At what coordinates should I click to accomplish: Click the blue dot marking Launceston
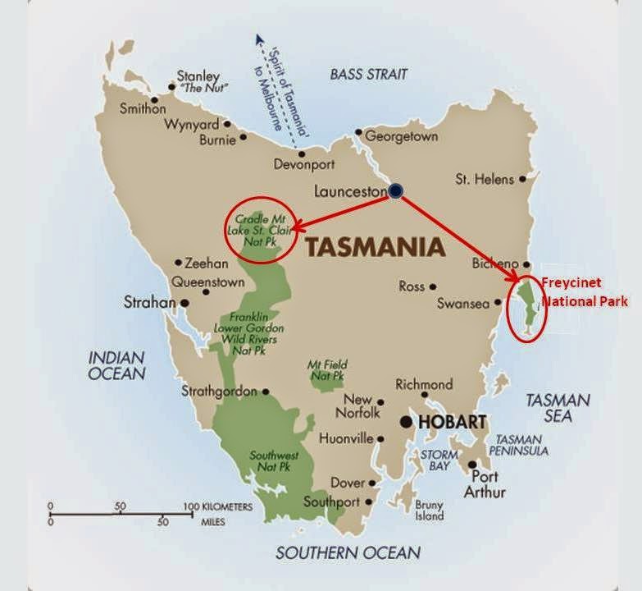pos(396,190)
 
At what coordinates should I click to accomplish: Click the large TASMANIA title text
pos(375,247)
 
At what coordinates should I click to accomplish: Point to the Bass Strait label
pos(368,74)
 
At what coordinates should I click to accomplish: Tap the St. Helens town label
pos(485,179)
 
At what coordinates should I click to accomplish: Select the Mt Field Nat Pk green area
pos(327,373)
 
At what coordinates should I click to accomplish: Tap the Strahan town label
pos(149,302)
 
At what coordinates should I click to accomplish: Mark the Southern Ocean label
pos(348,552)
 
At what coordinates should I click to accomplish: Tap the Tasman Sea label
pos(558,407)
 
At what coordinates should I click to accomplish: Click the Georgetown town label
pos(401,136)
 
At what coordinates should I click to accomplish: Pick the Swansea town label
pos(462,303)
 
